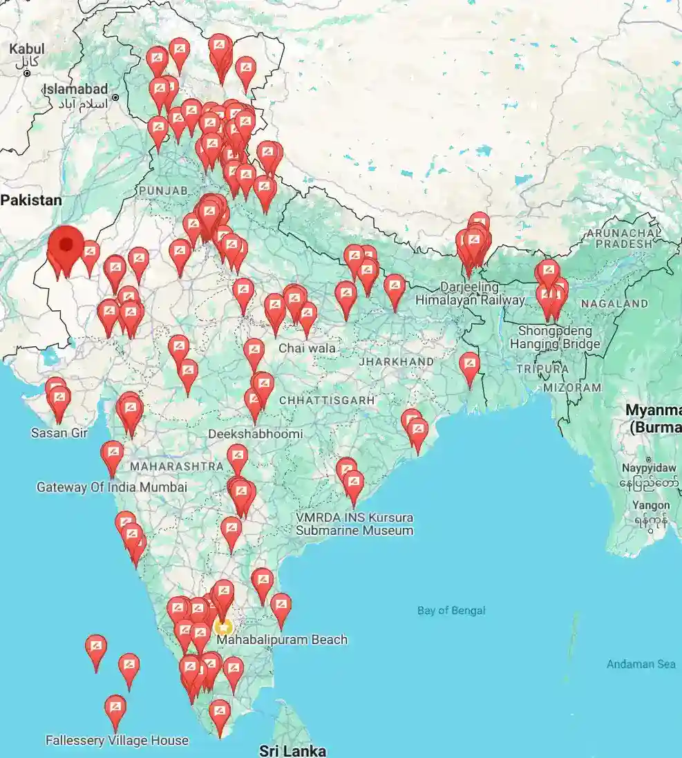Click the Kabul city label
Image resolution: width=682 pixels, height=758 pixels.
tap(27, 49)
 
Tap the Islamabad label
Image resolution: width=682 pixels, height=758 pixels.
tap(76, 89)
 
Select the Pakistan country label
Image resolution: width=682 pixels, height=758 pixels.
tap(31, 200)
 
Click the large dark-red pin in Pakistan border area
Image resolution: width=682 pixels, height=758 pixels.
tap(66, 246)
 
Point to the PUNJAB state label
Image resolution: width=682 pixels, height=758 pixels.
tap(164, 190)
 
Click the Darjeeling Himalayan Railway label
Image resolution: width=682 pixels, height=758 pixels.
tap(470, 293)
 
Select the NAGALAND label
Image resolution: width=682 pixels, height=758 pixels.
tap(614, 303)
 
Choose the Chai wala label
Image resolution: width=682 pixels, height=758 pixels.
tap(307, 348)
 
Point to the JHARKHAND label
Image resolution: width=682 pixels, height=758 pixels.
tap(396, 361)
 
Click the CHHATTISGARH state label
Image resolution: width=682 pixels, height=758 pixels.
tap(327, 400)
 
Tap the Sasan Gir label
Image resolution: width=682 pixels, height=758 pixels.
tap(59, 433)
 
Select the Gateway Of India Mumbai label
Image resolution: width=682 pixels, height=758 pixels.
tap(111, 487)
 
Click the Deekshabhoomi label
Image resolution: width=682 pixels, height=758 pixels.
tap(255, 434)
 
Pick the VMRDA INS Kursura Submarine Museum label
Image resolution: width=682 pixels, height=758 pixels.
tap(354, 524)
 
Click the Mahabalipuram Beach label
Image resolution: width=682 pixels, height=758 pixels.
tap(282, 639)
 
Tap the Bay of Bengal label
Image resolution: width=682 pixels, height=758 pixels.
tap(451, 610)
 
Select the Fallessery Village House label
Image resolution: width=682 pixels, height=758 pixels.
tap(117, 740)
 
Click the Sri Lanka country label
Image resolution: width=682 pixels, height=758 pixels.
tap(292, 750)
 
